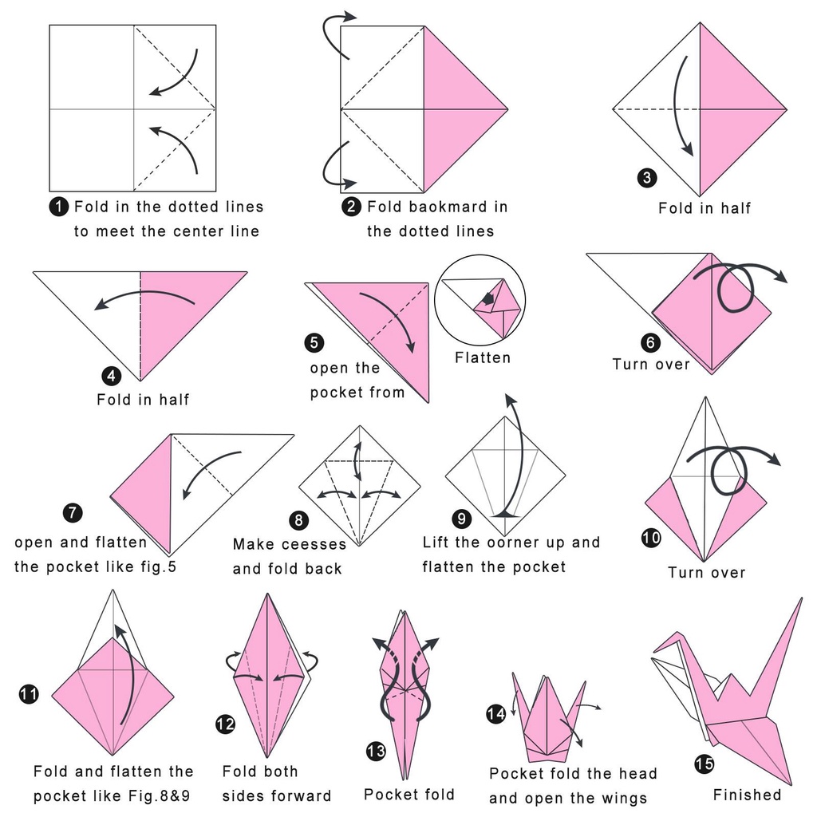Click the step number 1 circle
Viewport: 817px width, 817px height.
(x=59, y=207)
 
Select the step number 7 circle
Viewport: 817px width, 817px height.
(x=73, y=511)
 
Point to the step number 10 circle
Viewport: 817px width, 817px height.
(x=651, y=538)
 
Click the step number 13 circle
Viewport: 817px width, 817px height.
(x=376, y=751)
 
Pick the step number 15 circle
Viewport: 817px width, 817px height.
(x=704, y=764)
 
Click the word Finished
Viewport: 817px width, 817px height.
(x=747, y=795)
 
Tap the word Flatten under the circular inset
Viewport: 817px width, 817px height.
(x=482, y=357)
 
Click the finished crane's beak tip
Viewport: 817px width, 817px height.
(x=654, y=648)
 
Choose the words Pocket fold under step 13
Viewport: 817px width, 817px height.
(x=408, y=795)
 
